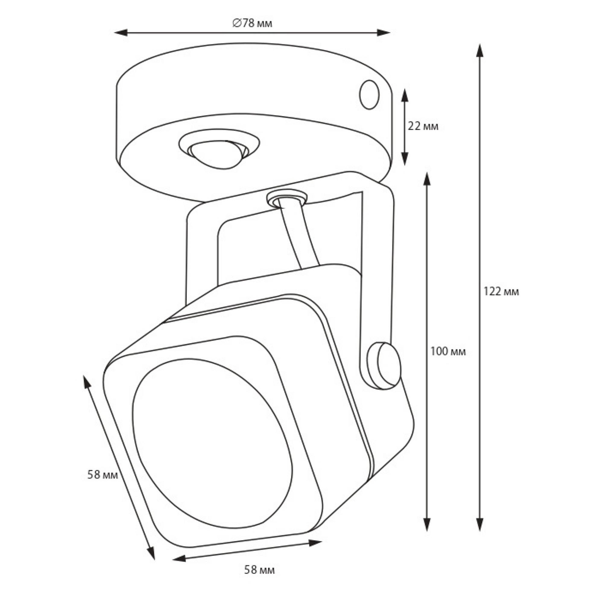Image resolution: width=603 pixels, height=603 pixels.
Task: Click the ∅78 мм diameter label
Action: (x=252, y=23)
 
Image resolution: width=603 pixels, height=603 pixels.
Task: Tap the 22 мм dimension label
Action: (x=423, y=126)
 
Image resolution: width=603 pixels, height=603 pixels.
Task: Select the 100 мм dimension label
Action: (x=448, y=352)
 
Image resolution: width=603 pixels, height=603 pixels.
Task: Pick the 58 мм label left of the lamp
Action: (x=103, y=475)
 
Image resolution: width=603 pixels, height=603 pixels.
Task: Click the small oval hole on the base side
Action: (x=369, y=95)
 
